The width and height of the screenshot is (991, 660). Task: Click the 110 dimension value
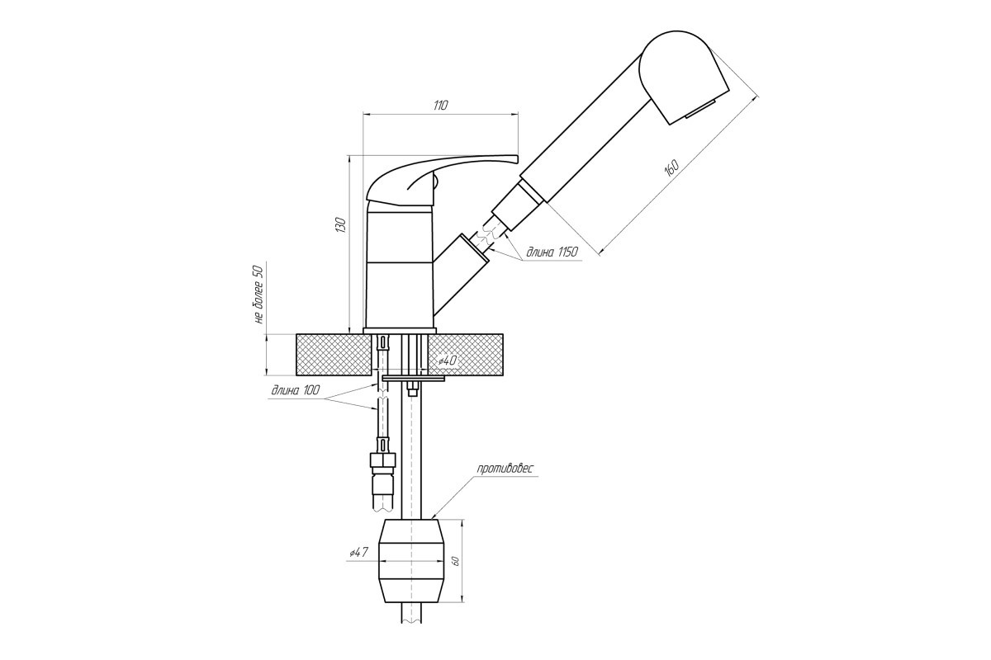[x=440, y=106]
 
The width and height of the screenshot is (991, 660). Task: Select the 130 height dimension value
[x=340, y=224]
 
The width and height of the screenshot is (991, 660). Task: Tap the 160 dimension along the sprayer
[x=671, y=168]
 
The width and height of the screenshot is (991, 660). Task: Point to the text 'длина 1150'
[x=552, y=252]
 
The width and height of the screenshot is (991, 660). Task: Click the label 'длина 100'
[x=296, y=390]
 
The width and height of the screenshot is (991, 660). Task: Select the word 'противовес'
[x=505, y=468]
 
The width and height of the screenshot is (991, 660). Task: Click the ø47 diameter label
[x=358, y=552]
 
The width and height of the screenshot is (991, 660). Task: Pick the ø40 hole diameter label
[x=448, y=361]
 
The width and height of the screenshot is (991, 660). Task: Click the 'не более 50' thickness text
[x=258, y=295]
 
